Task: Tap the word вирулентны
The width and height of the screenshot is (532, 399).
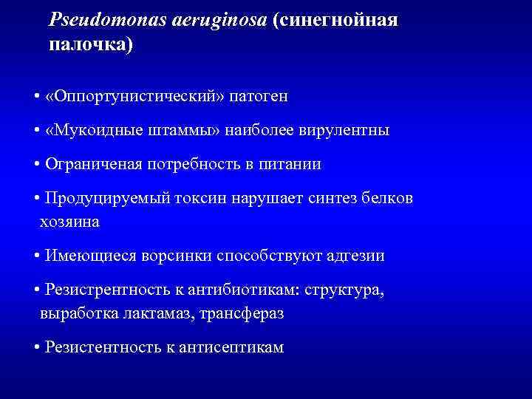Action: [x=344, y=131]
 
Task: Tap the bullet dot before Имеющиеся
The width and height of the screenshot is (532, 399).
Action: [x=37, y=256]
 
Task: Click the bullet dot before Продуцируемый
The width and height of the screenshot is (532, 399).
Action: [x=37, y=199]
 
